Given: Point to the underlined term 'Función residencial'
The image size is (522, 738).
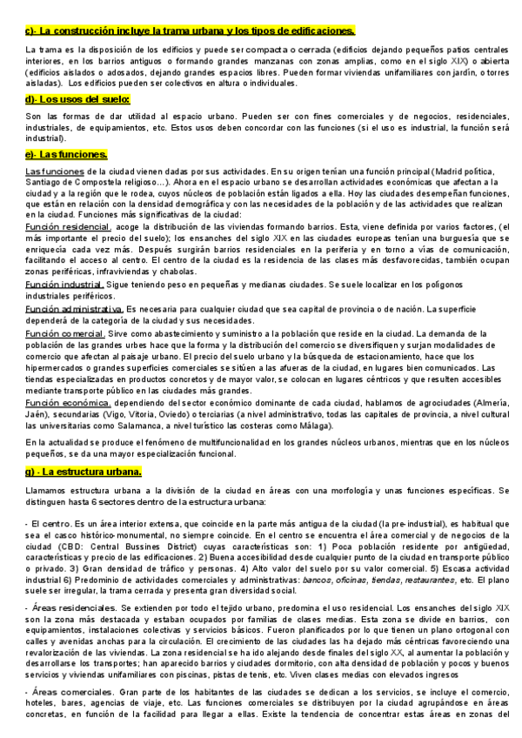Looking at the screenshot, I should (x=62, y=225).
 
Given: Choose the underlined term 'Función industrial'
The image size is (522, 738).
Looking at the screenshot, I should (x=64, y=284).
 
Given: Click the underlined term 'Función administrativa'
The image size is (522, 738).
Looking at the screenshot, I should (x=74, y=309).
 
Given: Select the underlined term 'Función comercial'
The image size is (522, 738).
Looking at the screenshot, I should (x=64, y=333).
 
